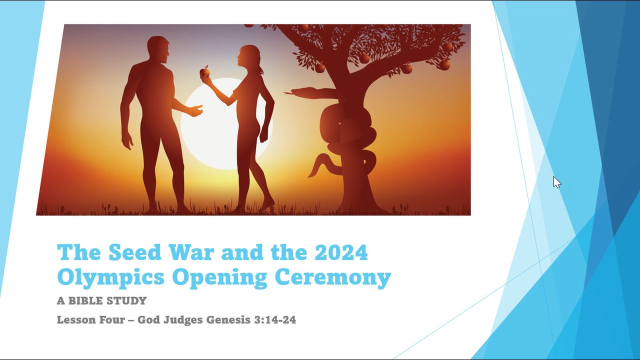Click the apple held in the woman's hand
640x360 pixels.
click(x=204, y=72)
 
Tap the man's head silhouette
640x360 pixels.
click(x=158, y=49)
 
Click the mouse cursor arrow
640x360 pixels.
click(x=556, y=182)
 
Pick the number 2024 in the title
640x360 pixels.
click(x=341, y=252)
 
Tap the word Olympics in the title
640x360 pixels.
click(x=110, y=277)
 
